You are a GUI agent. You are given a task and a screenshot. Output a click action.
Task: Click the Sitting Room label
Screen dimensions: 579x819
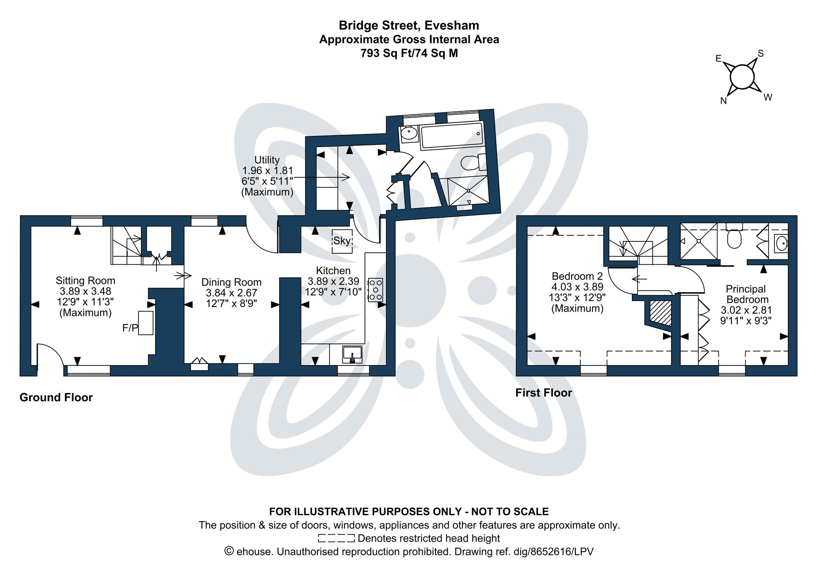pyautogui.click(x=85, y=281)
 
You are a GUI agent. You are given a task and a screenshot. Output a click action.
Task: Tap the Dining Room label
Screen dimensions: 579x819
pyautogui.click(x=231, y=282)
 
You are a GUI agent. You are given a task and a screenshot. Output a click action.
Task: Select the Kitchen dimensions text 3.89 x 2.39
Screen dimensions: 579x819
pyautogui.click(x=333, y=281)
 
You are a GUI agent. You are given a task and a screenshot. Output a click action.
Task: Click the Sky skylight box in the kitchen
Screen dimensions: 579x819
pyautogui.click(x=342, y=241)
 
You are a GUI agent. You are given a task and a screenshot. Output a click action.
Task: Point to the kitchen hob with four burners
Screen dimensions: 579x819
pyautogui.click(x=376, y=290)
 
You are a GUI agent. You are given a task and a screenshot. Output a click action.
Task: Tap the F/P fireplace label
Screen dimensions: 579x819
pyautogui.click(x=130, y=328)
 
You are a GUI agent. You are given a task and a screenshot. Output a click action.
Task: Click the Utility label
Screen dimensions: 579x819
pyautogui.click(x=267, y=160)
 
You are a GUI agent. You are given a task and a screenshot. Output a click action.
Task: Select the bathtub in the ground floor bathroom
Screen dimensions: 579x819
pyautogui.click(x=452, y=135)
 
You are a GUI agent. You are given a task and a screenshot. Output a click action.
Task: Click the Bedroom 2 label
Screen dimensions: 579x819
pyautogui.click(x=577, y=276)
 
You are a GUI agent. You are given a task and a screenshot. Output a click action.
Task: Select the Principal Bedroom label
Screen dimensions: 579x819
pyautogui.click(x=746, y=294)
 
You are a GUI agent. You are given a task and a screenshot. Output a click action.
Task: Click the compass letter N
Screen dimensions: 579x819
pyautogui.click(x=724, y=101)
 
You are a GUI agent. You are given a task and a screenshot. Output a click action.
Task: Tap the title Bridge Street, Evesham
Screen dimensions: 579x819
pyautogui.click(x=409, y=25)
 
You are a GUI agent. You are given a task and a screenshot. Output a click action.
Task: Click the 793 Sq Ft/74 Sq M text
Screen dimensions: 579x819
pyautogui.click(x=409, y=53)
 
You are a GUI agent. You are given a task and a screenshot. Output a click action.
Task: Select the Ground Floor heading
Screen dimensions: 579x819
pyautogui.click(x=56, y=397)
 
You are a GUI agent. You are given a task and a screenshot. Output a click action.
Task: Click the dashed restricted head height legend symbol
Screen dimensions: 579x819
pyautogui.click(x=336, y=538)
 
